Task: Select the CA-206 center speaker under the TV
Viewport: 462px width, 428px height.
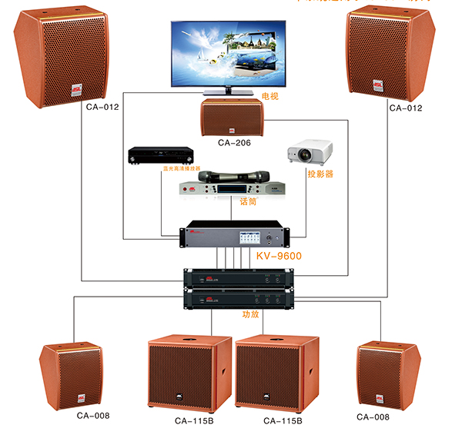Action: point(230,118)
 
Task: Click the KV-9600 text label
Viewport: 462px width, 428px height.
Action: point(278,256)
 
